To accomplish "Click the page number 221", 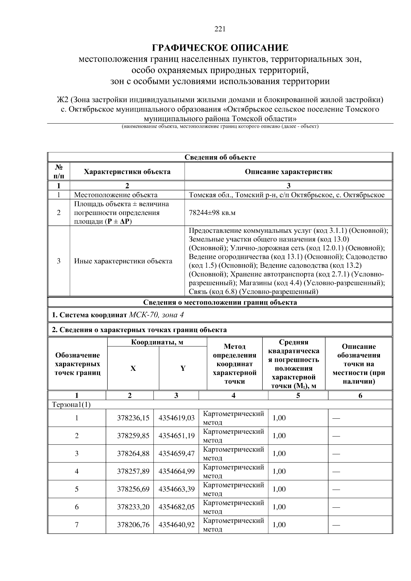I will tap(220, 29).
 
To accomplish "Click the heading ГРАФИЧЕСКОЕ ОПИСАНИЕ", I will tap(220, 48).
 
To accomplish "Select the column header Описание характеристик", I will tap(288, 172).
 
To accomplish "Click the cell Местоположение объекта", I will tap(116, 195).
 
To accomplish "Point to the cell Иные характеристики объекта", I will tap(123, 261).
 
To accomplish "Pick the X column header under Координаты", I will tap(133, 368).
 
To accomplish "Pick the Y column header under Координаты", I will tap(183, 368).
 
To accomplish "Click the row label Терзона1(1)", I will tap(71, 404).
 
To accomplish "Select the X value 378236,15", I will tap(133, 418).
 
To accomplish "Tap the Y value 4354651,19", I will tap(176, 435).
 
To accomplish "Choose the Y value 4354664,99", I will tap(176, 471).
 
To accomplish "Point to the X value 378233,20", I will tap(133, 507).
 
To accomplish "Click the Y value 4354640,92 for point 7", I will tap(176, 525).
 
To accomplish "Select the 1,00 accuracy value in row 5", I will tap(279, 489).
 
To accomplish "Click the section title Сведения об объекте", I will tap(220, 157).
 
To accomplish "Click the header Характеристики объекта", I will tap(127, 172).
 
